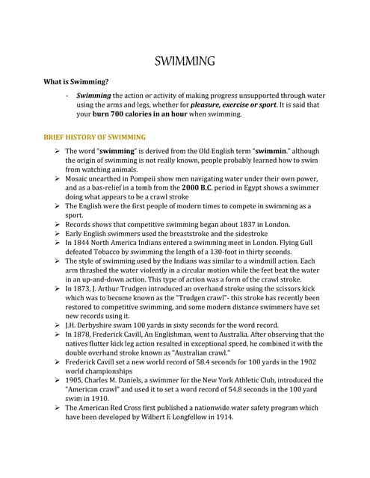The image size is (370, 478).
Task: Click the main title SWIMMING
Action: point(185,60)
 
